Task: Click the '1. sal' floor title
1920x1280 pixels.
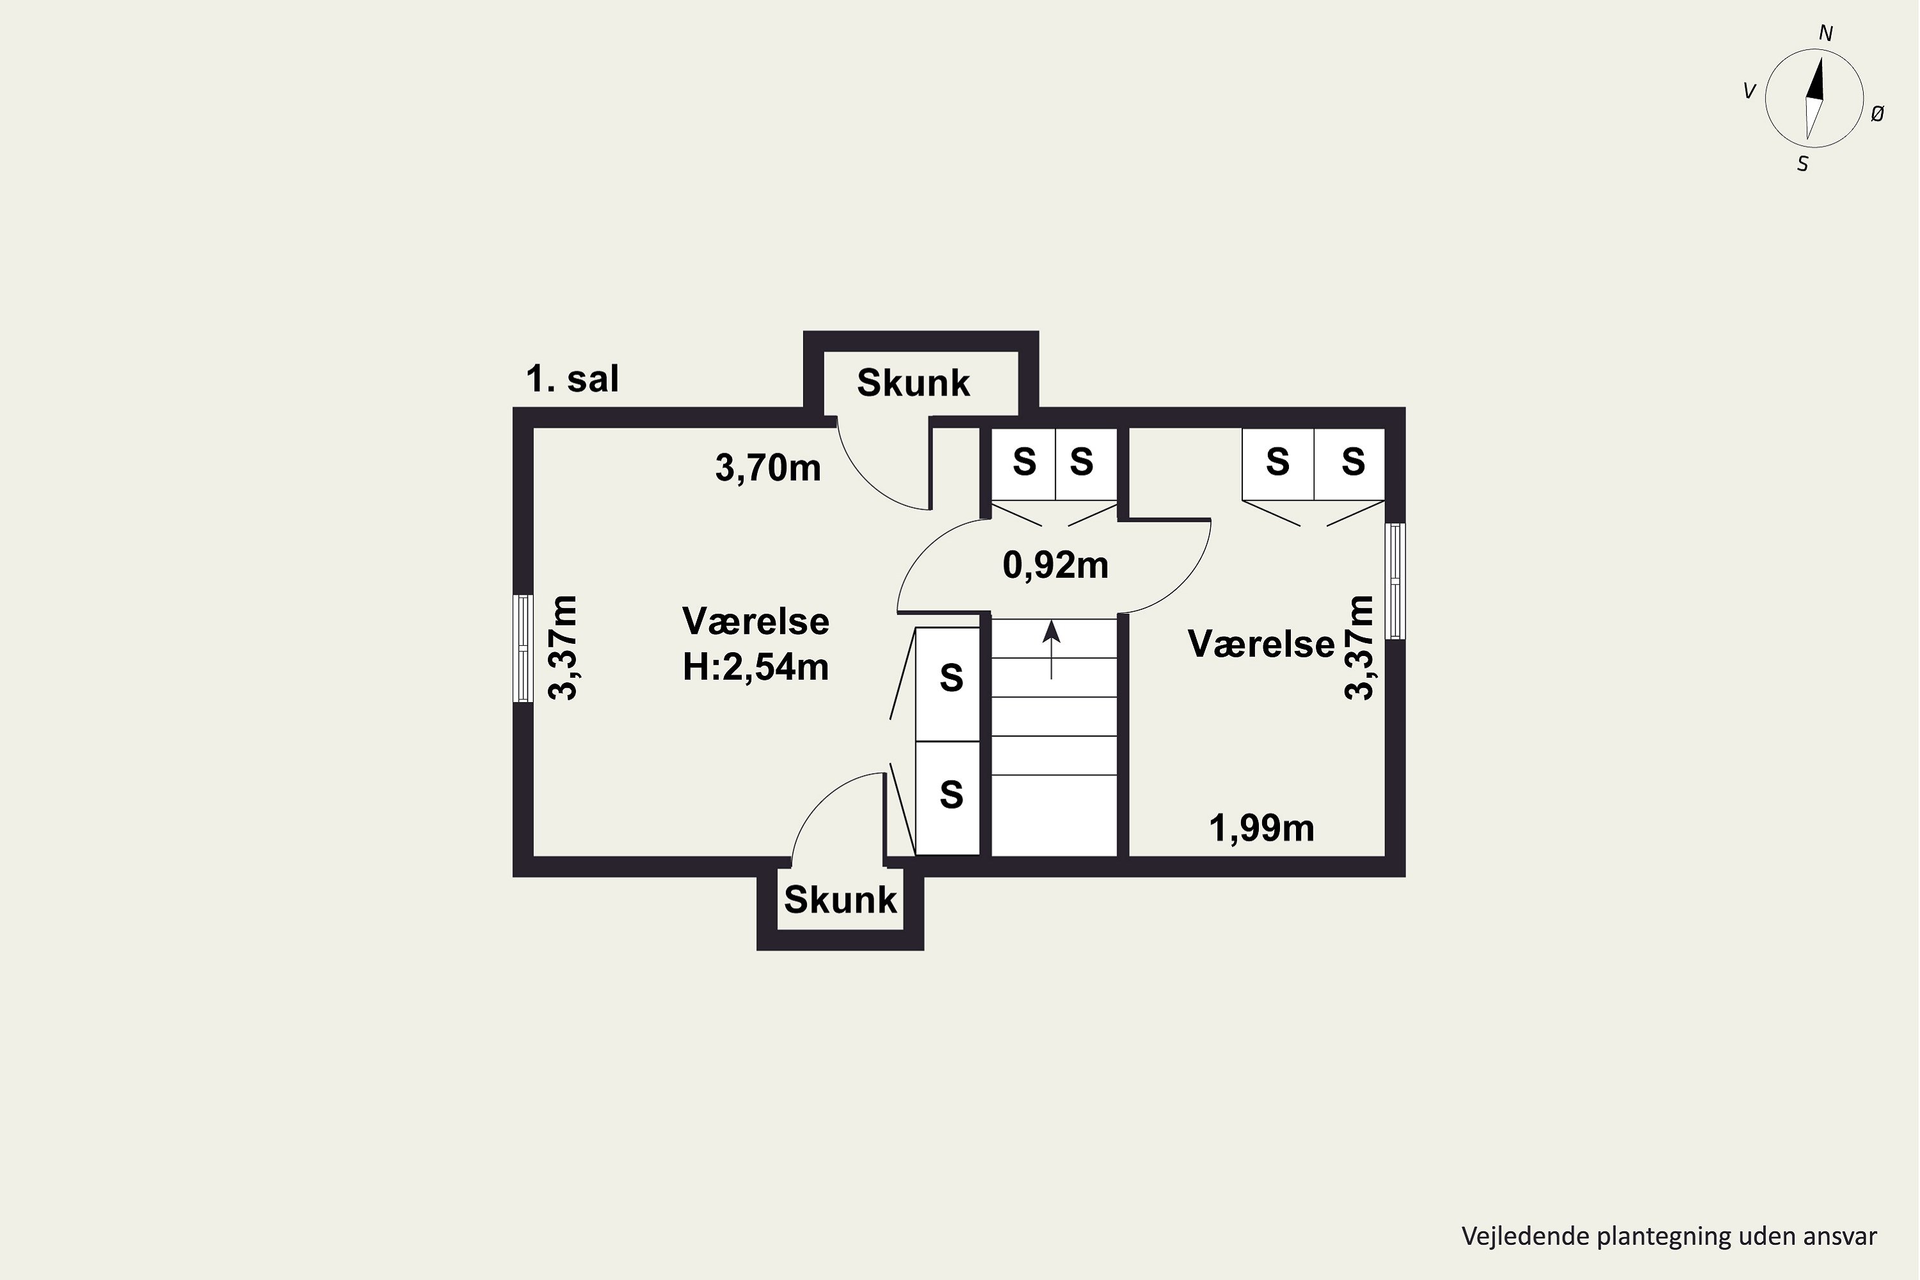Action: click(572, 379)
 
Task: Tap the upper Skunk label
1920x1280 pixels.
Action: click(913, 382)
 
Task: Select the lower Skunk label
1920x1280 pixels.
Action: click(840, 900)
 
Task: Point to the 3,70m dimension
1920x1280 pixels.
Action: click(768, 468)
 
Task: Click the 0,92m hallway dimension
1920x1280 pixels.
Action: click(1055, 565)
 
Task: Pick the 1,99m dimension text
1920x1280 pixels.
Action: click(1261, 829)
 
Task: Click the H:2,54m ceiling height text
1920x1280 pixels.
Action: click(756, 667)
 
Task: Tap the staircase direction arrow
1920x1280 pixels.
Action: click(1052, 650)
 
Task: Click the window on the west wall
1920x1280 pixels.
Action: click(522, 648)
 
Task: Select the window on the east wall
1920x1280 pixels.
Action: click(1396, 581)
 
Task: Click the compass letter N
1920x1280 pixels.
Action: click(1826, 33)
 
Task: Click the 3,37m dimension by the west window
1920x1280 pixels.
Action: click(563, 648)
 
